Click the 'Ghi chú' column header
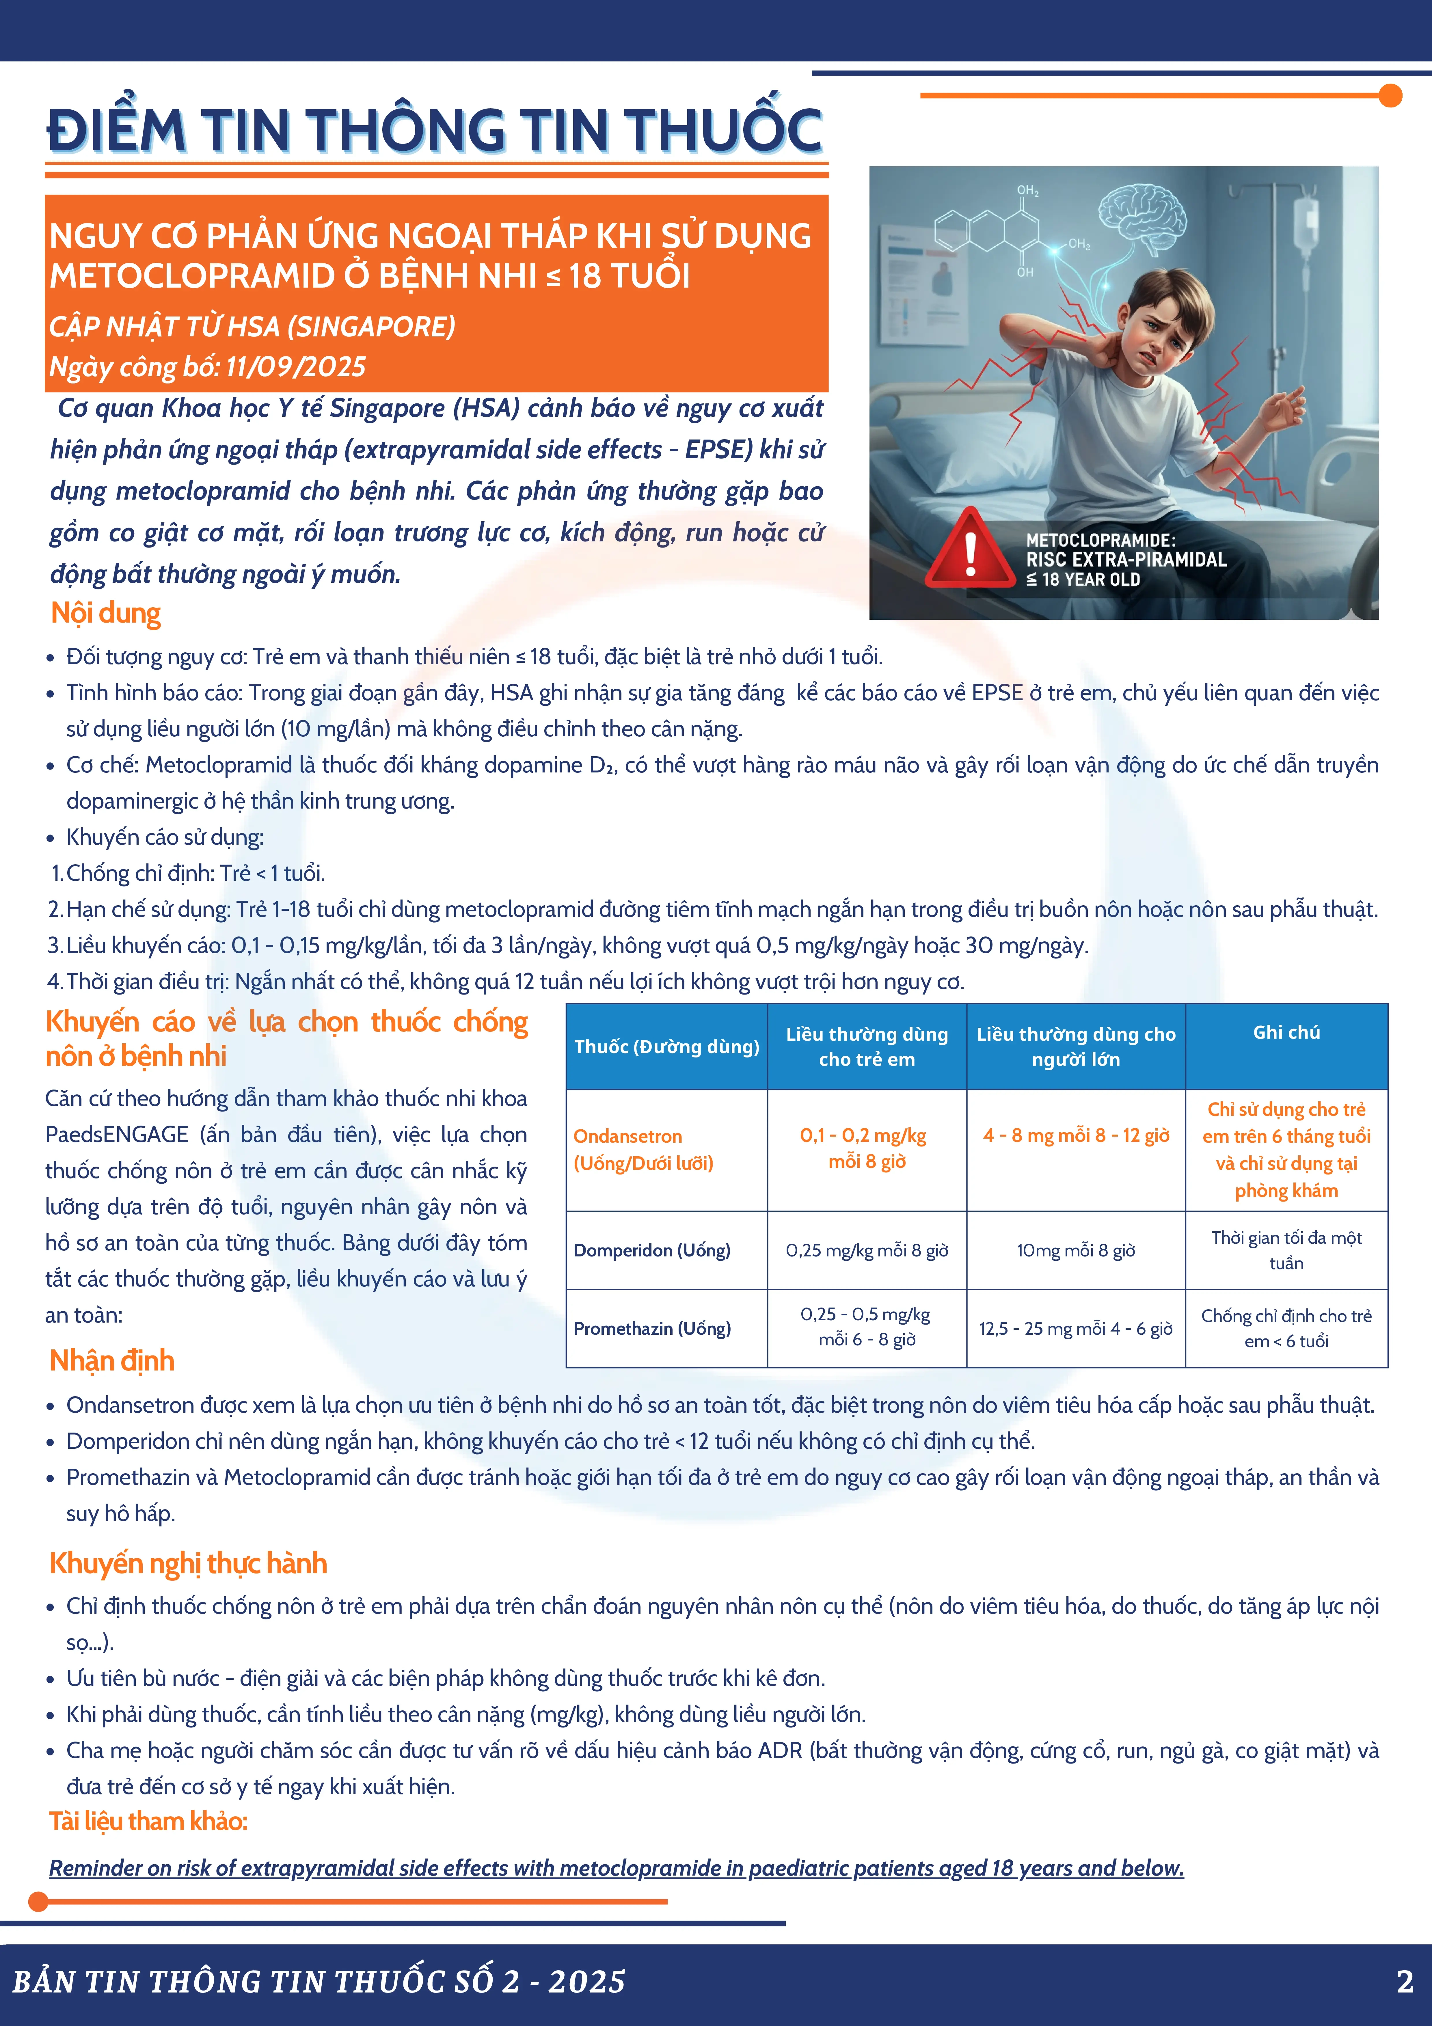[1286, 1032]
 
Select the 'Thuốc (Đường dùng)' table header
[666, 1046]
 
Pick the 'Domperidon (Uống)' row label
[652, 1250]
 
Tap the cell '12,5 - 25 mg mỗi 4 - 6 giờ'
[1076, 1328]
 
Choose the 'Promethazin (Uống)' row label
[652, 1328]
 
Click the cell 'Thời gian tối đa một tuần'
[1286, 1250]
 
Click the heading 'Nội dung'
[106, 613]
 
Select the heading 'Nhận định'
[112, 1360]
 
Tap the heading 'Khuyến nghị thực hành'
[188, 1563]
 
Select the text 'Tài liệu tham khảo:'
[148, 1820]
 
